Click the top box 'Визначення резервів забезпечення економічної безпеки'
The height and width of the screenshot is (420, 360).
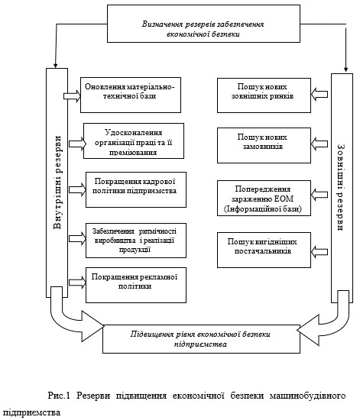pos(203,24)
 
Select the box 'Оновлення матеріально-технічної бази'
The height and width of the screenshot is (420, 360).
pos(131,95)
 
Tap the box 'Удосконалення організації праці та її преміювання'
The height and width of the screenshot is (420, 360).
pos(134,141)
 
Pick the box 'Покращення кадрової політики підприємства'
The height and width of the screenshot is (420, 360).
pos(136,189)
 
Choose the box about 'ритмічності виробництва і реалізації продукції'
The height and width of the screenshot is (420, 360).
pos(136,241)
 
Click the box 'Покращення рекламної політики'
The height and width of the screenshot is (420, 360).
pos(136,285)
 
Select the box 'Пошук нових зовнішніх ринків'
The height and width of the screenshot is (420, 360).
pos(264,95)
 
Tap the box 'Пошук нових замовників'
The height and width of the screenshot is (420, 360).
pos(264,145)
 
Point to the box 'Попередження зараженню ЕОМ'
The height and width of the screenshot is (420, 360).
pos(264,199)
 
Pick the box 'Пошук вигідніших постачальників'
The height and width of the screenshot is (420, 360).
pos(264,250)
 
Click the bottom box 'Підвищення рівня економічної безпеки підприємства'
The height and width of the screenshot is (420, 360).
pos(201,339)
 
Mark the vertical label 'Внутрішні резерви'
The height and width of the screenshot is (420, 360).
pos(57,183)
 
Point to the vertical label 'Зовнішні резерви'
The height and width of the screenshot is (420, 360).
pos(341,188)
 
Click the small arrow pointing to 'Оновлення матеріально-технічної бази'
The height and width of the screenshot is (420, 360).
pos(72,95)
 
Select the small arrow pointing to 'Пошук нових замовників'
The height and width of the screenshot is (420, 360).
pos(319,144)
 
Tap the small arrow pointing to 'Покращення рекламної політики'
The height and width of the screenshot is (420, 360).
pos(77,283)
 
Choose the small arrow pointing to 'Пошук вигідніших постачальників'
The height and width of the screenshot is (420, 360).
pos(319,252)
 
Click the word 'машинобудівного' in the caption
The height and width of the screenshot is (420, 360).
pos(307,396)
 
